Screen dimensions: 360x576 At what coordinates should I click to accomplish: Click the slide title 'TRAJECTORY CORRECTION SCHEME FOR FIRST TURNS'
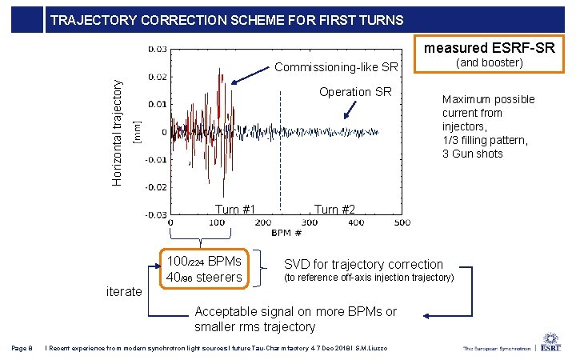(226, 20)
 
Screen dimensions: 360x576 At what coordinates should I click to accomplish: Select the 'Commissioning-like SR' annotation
(336, 66)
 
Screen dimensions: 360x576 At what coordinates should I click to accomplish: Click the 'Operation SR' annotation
(355, 92)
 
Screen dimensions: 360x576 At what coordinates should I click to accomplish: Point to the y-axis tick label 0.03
(157, 50)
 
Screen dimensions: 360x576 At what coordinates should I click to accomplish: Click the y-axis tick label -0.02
(155, 187)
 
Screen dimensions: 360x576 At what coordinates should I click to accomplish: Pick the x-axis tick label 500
(402, 222)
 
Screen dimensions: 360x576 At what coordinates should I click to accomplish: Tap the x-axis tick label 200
(262, 222)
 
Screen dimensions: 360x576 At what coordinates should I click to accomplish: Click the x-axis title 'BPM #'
(286, 233)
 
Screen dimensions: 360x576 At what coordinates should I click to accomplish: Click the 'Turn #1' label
(236, 210)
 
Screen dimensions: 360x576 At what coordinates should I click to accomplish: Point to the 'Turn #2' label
(334, 210)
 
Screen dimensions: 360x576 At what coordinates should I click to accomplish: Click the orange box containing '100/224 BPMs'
(205, 269)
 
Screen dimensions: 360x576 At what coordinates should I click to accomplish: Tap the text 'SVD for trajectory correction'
(363, 264)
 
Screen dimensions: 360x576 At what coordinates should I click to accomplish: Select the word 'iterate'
(124, 292)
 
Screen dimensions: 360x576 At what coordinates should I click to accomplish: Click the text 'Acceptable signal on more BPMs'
(295, 311)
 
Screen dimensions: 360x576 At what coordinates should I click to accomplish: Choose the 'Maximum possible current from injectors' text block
(488, 126)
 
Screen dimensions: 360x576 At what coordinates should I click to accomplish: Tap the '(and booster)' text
(488, 62)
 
